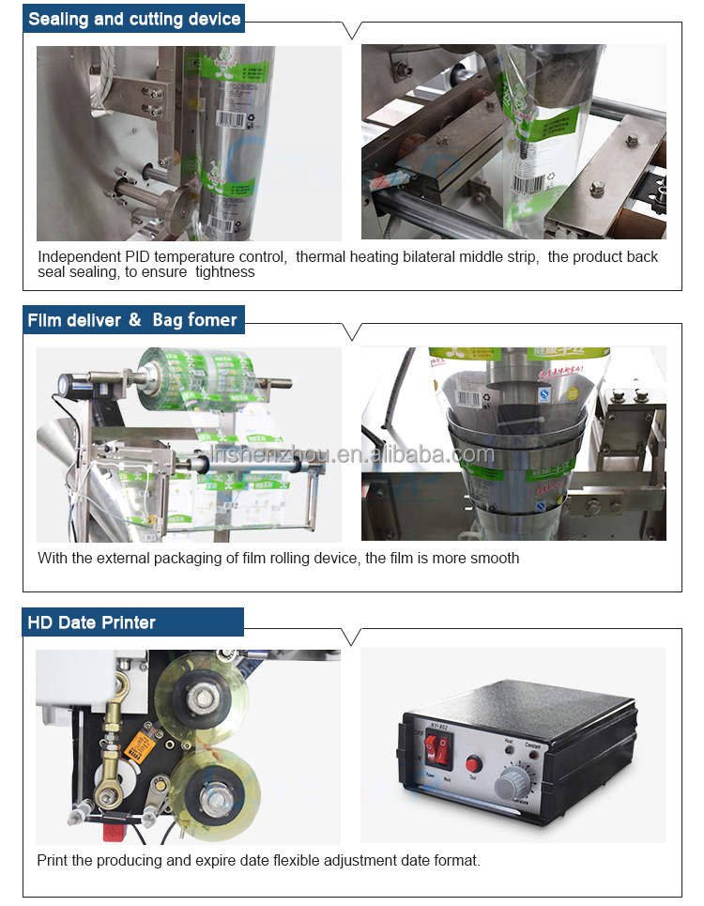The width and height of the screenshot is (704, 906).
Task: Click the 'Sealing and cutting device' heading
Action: pos(134,19)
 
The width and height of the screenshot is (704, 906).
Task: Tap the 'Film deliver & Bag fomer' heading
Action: pos(132,320)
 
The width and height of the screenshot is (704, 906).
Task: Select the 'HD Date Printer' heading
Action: pos(92,622)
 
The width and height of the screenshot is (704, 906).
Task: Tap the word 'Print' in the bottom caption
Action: pos(53,860)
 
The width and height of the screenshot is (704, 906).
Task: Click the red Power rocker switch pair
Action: pos(437,749)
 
